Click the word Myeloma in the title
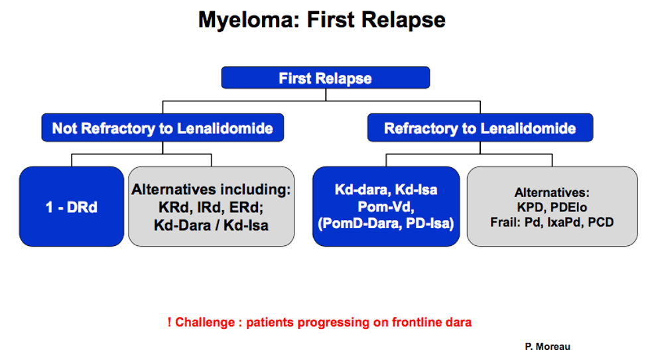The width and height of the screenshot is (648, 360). coord(249,21)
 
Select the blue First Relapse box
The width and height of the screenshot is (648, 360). coord(326,78)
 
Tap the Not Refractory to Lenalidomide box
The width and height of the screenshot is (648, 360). coord(162,128)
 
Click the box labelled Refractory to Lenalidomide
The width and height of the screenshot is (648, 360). coord(480,128)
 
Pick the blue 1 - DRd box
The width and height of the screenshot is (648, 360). coord(72,207)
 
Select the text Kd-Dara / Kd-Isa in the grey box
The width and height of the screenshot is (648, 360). coord(211,225)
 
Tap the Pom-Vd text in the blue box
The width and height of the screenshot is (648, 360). coord(386,206)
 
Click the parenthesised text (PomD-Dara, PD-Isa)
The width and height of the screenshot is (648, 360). coord(386,223)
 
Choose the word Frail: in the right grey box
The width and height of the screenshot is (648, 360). coord(505,222)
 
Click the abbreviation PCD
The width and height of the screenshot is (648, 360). coord(601,222)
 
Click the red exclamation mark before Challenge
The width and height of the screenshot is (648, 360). coord(169,322)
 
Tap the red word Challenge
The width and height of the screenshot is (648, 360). coord(205,322)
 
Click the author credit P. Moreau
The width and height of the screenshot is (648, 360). coord(548,347)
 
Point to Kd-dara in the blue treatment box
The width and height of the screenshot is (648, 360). coord(362,190)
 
